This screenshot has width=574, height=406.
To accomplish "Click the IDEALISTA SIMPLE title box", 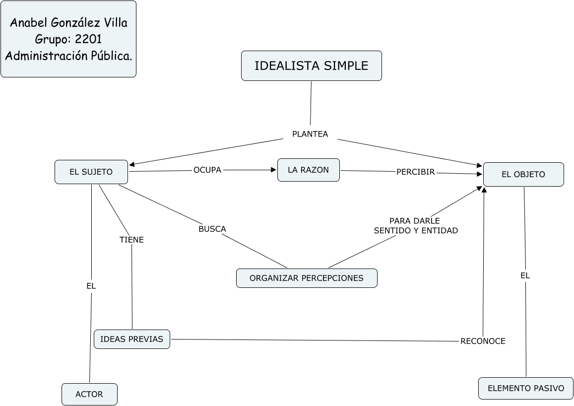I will point(311,66).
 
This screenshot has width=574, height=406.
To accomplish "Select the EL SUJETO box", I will point(91,172).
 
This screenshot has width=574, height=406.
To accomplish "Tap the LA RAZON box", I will point(308,170).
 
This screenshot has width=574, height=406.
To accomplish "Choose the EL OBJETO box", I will point(523,174).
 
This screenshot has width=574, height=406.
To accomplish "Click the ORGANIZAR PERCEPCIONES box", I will point(307,278).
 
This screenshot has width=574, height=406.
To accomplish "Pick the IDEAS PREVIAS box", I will point(131,339).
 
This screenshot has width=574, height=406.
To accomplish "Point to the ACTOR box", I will point(89,394).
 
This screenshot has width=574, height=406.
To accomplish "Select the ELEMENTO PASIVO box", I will point(526,388).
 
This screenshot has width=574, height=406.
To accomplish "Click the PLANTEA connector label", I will point(310,134).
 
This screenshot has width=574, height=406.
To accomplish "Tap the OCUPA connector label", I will point(207,170).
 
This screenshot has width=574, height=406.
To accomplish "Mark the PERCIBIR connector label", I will point(415,172).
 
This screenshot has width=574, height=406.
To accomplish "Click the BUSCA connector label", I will point(212,229).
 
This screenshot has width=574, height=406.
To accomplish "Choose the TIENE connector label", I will point(131,240).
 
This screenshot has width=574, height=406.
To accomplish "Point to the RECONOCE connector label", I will point(483,341).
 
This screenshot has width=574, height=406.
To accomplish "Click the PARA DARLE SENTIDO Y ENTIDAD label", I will point(415,225).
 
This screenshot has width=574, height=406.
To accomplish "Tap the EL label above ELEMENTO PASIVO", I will point(525,275).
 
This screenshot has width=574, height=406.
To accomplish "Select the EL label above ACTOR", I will point(91,286).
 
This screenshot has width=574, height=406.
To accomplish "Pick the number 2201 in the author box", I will point(89,39).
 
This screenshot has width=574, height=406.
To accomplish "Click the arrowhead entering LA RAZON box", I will point(273,170).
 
